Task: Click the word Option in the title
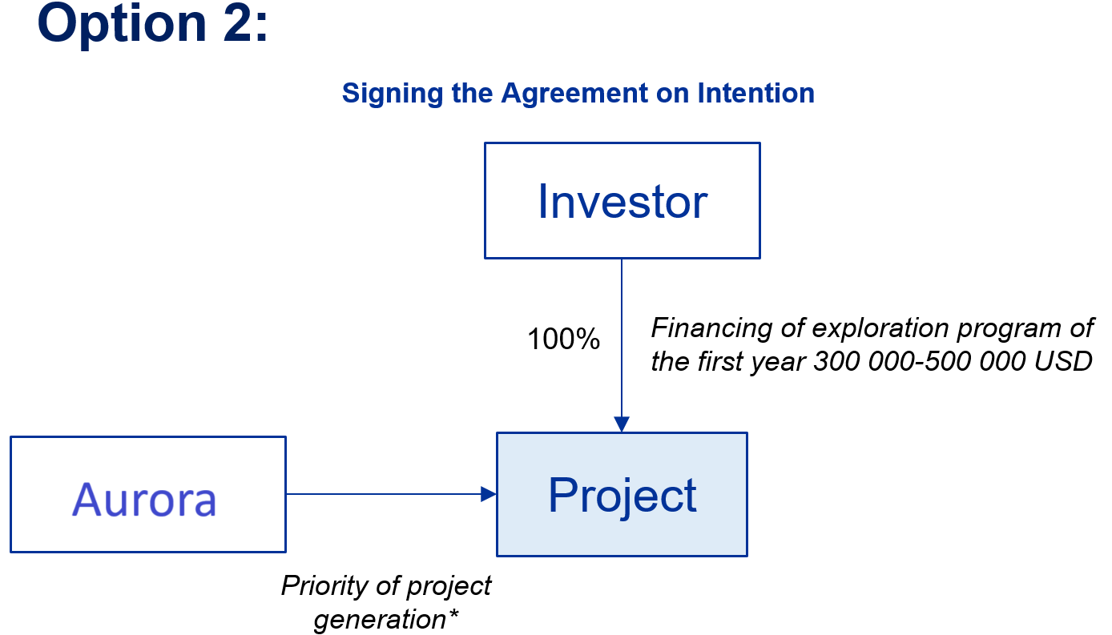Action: (x=122, y=25)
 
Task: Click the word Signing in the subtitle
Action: (x=393, y=94)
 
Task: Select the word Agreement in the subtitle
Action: (x=575, y=94)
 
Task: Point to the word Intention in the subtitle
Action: (x=755, y=93)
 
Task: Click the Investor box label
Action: (x=622, y=201)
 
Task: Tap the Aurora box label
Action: (x=144, y=500)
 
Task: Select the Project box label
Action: (x=622, y=496)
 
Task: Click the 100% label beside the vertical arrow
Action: (x=563, y=340)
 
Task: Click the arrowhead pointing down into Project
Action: (x=622, y=424)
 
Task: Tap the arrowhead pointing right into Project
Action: (x=489, y=494)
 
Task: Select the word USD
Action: (x=1063, y=360)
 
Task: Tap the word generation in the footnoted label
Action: (x=381, y=620)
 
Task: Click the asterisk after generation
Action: (x=453, y=614)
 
